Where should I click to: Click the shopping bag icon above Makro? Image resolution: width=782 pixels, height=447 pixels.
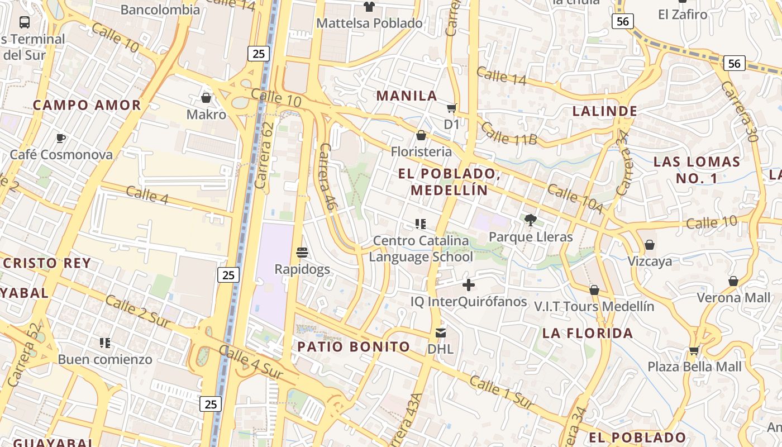tap(206, 98)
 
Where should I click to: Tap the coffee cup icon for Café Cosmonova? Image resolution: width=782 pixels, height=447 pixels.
tap(61, 138)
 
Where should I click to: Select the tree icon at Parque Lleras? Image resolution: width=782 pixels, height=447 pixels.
tap(530, 220)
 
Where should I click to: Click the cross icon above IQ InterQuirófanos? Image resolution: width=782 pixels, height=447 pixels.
tap(469, 286)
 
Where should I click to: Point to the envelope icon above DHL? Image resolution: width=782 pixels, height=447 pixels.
tap(440, 333)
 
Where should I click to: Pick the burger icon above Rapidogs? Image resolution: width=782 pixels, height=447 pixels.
tap(302, 253)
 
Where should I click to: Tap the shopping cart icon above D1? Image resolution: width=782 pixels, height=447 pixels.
tap(451, 108)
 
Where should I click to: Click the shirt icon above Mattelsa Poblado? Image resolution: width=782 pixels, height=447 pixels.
tap(369, 7)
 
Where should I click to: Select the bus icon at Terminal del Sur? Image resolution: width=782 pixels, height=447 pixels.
tap(25, 22)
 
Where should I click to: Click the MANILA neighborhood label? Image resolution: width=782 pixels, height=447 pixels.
tap(407, 96)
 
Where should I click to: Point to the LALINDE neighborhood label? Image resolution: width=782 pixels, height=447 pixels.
tap(605, 111)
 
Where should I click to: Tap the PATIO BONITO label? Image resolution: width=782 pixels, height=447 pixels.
tap(354, 346)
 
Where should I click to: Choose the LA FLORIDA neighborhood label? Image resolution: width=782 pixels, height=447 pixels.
tap(588, 333)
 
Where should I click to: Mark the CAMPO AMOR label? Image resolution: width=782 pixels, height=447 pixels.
tap(87, 105)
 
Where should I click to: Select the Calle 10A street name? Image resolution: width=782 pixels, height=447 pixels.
tap(575, 198)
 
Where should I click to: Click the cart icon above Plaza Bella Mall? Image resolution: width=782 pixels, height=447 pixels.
tap(694, 350)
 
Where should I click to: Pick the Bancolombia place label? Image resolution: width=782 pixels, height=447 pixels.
tap(160, 9)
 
